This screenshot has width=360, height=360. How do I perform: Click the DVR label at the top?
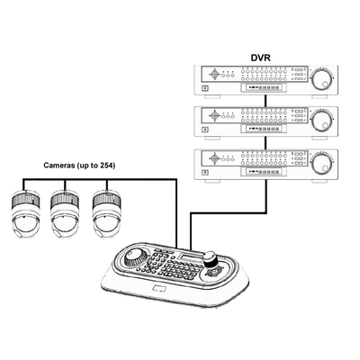[x=260, y=58]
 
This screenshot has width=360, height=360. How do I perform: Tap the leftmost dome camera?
[x=25, y=213]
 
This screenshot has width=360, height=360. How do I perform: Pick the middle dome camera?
[x=65, y=214]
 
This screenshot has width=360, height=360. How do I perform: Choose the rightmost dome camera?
[x=106, y=213]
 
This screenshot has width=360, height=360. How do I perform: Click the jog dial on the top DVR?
[x=322, y=79]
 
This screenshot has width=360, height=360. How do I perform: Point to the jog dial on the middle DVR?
[x=322, y=121]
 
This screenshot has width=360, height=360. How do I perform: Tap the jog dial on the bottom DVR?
[x=322, y=164]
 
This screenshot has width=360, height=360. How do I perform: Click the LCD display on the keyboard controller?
[x=190, y=257]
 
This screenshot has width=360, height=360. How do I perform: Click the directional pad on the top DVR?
[x=214, y=74]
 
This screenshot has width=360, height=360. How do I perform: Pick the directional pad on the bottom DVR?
[x=214, y=157]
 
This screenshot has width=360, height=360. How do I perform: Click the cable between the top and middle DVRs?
[x=265, y=101]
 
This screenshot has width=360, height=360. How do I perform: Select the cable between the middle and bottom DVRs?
[x=265, y=143]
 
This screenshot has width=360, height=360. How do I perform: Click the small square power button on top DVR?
[x=205, y=88]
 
